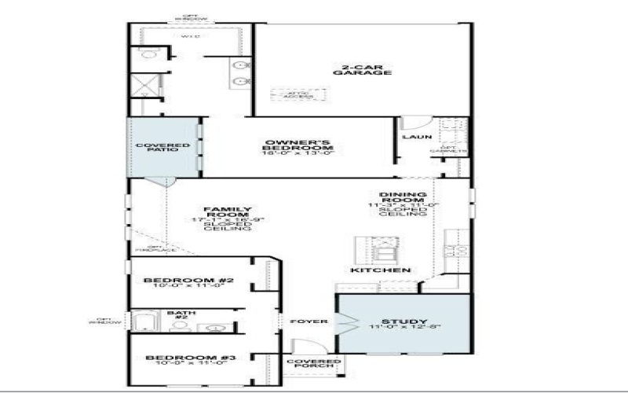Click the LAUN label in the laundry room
413,137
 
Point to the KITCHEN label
382,270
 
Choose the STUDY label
404,321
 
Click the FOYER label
304,321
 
